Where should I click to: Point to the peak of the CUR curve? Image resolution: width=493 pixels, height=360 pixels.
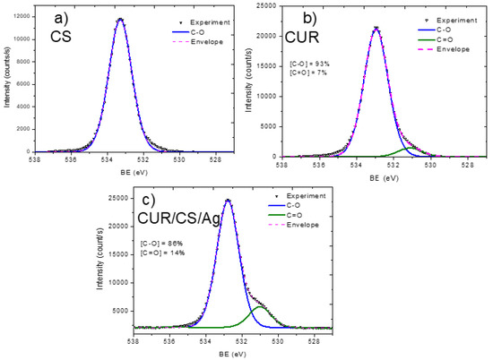[376, 28]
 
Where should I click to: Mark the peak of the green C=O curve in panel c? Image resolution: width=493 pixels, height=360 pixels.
[260, 306]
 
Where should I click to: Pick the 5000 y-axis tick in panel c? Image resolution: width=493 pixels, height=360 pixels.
[116, 311]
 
